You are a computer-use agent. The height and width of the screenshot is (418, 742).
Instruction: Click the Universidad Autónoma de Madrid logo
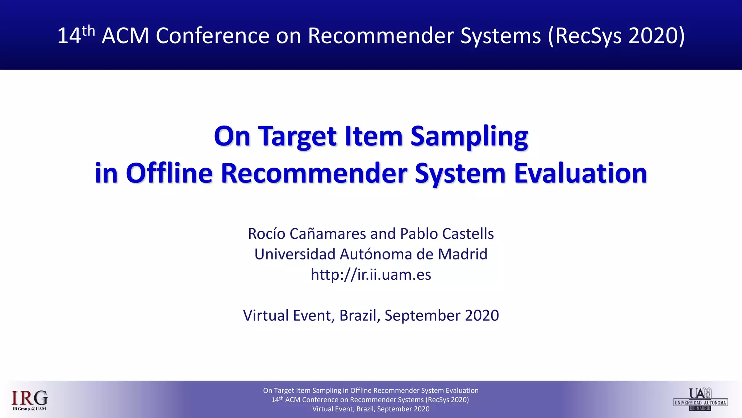pos(700,399)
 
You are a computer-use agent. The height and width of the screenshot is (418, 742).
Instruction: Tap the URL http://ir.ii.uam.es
pos(371,275)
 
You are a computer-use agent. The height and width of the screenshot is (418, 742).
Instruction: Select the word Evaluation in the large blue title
pos(580,173)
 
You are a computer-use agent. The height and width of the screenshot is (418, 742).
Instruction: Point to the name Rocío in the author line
pos(267,234)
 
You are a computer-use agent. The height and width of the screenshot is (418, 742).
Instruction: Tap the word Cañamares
pos(328,234)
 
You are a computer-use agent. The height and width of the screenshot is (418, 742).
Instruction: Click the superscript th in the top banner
pos(88,31)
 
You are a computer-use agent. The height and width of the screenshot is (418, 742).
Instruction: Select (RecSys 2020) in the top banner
pos(616,36)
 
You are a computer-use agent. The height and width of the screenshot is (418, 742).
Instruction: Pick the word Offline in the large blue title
pos(169,173)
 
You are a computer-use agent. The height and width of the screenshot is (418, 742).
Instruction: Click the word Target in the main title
pos(297,136)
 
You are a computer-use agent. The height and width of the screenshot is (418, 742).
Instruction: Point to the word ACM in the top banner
pos(125,36)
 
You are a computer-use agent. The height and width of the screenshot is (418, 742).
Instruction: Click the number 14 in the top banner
pos(69,36)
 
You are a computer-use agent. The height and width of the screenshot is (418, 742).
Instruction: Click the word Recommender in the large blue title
pos(314,173)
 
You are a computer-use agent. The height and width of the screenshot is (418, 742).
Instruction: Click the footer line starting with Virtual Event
pos(371,409)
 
